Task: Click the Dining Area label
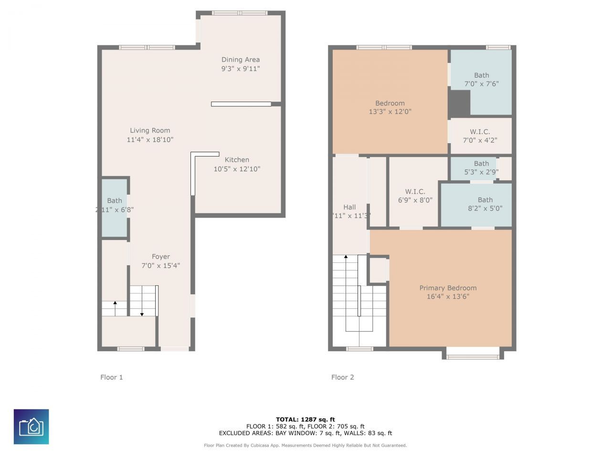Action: click(x=241, y=60)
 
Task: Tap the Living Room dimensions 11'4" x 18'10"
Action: click(x=150, y=140)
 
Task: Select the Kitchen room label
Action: click(x=237, y=160)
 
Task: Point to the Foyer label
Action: click(x=161, y=257)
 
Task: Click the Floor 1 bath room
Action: click(x=115, y=207)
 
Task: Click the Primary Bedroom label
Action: click(x=448, y=288)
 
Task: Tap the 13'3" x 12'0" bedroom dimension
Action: click(x=390, y=112)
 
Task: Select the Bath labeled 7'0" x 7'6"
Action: click(x=481, y=79)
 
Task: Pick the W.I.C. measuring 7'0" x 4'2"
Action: click(x=480, y=136)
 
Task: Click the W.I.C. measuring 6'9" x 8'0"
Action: click(x=415, y=196)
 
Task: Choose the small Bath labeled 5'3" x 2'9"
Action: click(x=481, y=167)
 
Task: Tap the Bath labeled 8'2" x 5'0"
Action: click(x=485, y=204)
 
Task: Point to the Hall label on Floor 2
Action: click(x=349, y=207)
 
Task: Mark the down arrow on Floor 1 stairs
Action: click(x=142, y=313)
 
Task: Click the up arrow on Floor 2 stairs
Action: click(x=346, y=258)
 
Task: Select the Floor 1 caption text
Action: click(x=112, y=377)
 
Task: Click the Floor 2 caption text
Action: click(x=343, y=377)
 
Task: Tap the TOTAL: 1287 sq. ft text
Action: click(x=305, y=419)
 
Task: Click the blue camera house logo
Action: click(x=31, y=427)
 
